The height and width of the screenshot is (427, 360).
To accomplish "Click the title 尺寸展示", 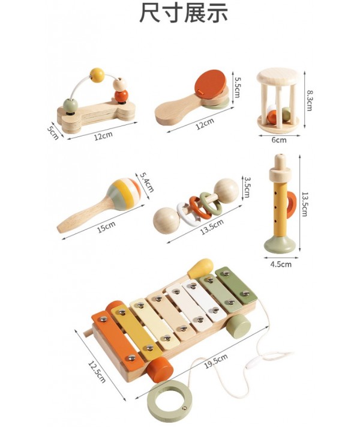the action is click(184, 13).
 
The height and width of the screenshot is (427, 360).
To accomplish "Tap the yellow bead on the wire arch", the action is click(97, 75).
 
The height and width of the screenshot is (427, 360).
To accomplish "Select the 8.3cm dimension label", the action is click(310, 100).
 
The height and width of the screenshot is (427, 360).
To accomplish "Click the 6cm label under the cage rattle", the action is click(279, 140).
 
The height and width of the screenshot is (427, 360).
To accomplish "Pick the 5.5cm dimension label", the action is click(237, 88).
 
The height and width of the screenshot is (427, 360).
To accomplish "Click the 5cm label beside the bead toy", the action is click(53, 131).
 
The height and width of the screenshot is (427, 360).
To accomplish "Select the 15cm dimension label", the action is click(106, 227).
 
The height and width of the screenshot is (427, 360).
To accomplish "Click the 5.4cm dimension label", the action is click(147, 182).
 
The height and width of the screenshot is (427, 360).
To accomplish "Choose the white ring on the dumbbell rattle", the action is click(187, 214).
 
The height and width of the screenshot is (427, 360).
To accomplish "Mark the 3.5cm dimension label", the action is click(247, 187).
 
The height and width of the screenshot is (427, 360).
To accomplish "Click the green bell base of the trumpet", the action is click(280, 244).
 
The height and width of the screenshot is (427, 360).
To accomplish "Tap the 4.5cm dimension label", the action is click(281, 264).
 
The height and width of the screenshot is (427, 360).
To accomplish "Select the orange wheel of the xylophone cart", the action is click(160, 369).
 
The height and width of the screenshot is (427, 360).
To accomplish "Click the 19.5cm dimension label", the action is click(216, 361).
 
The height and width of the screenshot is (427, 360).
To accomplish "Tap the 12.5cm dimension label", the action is click(97, 372).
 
